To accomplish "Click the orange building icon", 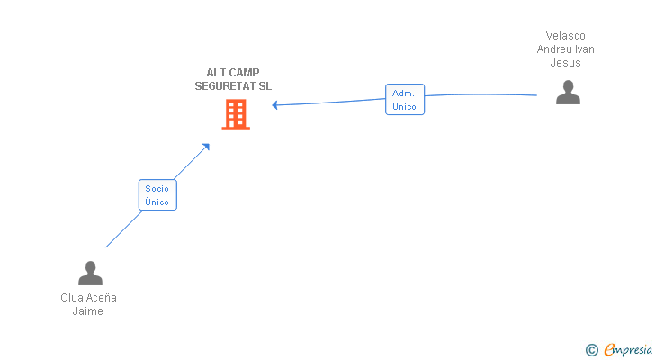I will [236, 114].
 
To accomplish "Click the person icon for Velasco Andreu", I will [568, 93].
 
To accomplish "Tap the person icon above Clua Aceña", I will [90, 273].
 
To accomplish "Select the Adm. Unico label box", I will [404, 99].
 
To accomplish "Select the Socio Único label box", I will [157, 194].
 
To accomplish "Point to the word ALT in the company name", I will [215, 73].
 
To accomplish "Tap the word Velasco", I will [566, 36].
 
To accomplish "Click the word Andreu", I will [553, 49].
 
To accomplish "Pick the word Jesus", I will [566, 63].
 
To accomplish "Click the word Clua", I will [73, 298].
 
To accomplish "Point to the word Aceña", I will [102, 298].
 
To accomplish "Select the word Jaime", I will [88, 311].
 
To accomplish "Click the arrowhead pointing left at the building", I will [275, 105].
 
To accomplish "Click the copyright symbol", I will [591, 350].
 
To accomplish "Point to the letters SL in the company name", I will [265, 86].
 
